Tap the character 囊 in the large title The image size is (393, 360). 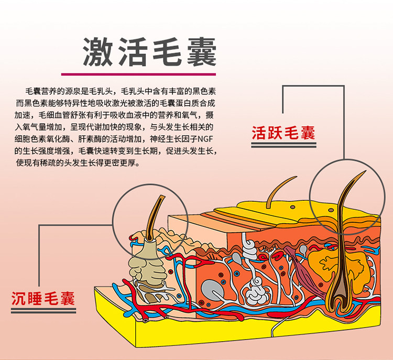(x=200, y=51)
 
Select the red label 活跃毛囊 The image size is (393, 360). (x=283, y=133)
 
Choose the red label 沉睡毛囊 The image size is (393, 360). (x=43, y=299)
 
